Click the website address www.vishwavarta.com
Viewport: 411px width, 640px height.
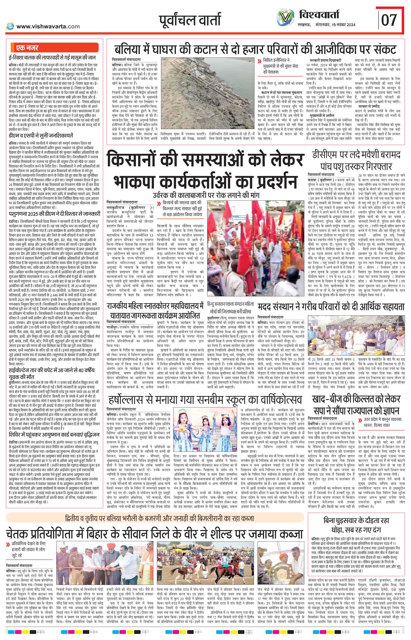click(x=48, y=26)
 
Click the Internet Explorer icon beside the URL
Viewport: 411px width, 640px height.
click(x=10, y=26)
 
